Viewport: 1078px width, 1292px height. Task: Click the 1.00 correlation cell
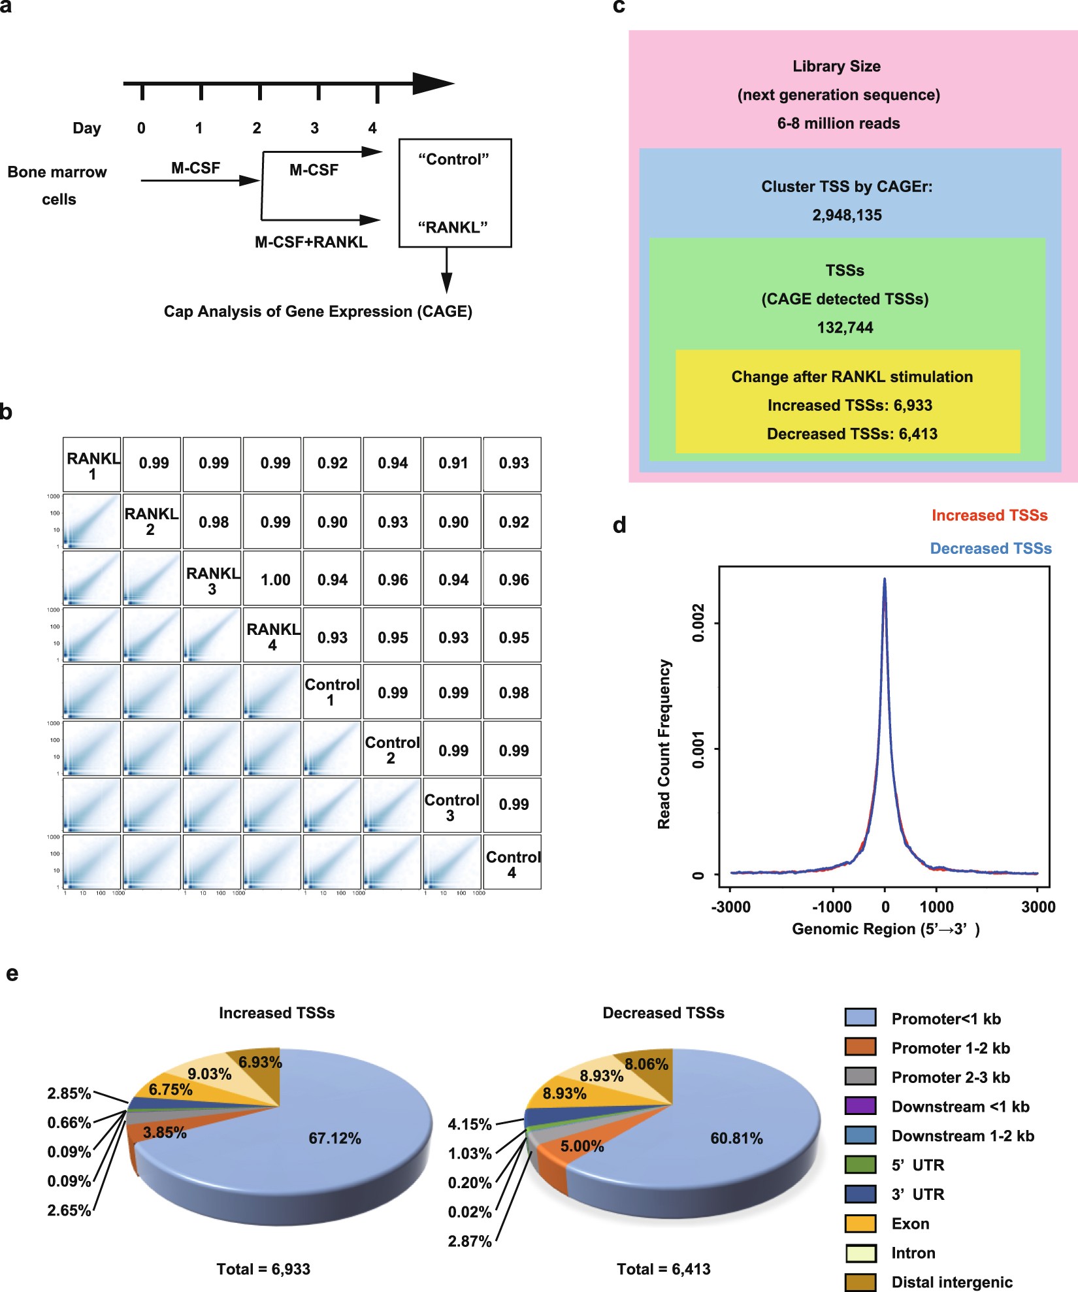click(275, 579)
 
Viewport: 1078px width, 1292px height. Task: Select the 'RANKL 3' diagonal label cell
click(212, 580)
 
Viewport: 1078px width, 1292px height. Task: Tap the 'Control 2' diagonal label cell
click(392, 750)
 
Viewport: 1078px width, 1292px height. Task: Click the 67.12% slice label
click(335, 1138)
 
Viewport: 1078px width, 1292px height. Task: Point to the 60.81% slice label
click(736, 1138)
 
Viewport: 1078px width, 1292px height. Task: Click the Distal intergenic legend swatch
click(860, 1282)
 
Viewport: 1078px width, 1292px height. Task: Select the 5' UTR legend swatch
click(860, 1165)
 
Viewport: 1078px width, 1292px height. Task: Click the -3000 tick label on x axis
click(730, 907)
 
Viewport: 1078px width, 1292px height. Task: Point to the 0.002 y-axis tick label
click(698, 622)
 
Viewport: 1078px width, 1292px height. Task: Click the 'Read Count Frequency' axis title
click(664, 744)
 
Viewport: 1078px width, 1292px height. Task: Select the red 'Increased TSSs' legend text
click(989, 515)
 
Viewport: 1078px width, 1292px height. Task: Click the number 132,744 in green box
click(845, 327)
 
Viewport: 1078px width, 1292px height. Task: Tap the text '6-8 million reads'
click(838, 123)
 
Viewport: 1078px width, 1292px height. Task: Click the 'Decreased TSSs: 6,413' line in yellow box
click(852, 434)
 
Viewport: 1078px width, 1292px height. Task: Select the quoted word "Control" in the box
click(453, 159)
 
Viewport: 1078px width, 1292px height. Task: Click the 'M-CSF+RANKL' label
click(311, 242)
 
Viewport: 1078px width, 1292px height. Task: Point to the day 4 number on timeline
click(372, 128)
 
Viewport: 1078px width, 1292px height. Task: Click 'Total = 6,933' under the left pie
click(263, 1268)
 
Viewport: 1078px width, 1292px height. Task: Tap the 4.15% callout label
click(469, 1124)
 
